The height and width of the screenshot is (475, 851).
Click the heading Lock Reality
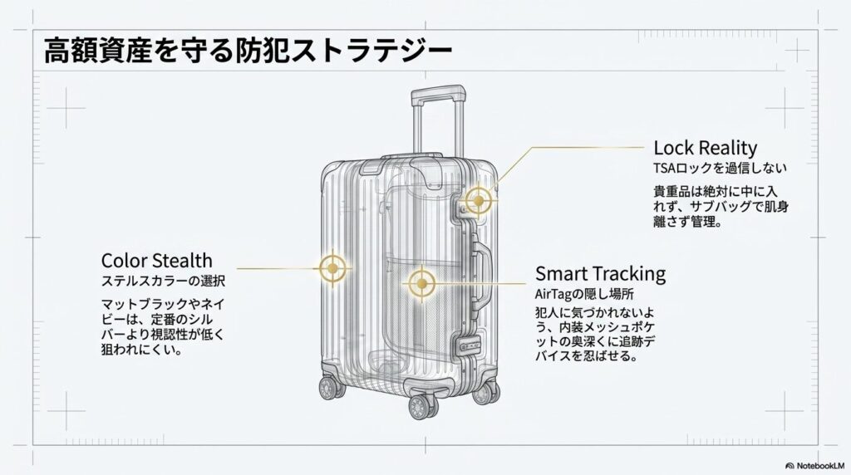[x=705, y=149]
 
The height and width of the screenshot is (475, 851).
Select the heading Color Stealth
[x=156, y=261]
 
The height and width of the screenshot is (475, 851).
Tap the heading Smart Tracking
[x=600, y=274]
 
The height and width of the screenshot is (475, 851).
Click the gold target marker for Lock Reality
[x=478, y=200]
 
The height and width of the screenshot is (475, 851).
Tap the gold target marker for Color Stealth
[x=332, y=267]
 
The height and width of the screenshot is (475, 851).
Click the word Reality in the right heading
[x=728, y=149]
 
